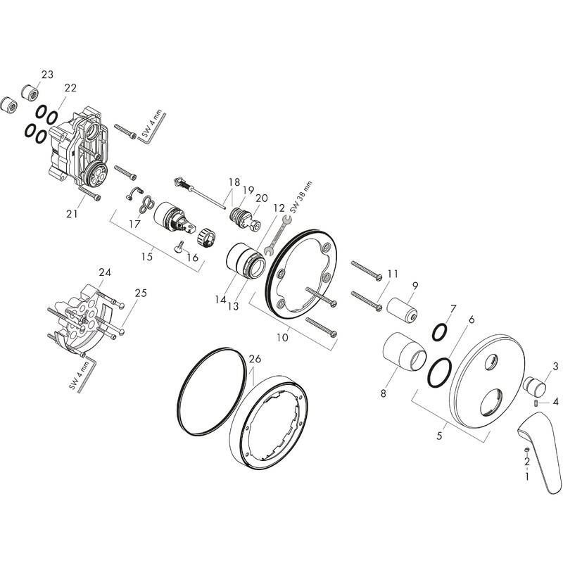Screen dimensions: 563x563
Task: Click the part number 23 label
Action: pos(47,74)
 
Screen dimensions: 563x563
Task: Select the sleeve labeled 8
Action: pos(404,351)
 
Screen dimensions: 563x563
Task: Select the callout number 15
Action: pos(146,257)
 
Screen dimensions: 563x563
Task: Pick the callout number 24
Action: pos(105,272)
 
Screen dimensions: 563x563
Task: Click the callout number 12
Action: pos(279,208)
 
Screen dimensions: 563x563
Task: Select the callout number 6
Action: pos(471,320)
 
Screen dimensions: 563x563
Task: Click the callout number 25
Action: pos(141,293)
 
